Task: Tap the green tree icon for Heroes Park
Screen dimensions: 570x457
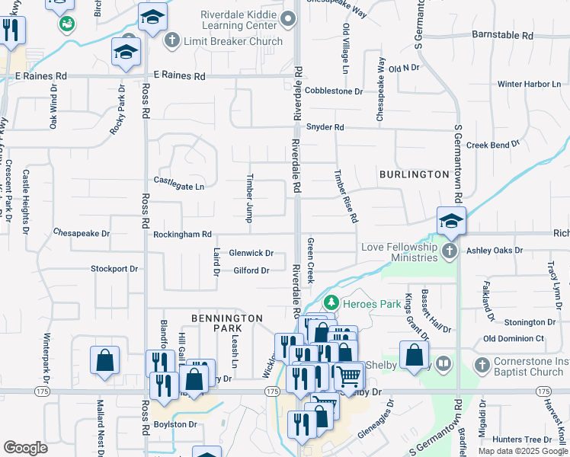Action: (x=331, y=303)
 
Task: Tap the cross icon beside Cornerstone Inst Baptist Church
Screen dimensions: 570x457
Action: (x=482, y=366)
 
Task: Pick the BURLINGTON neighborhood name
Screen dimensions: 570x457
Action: (x=415, y=174)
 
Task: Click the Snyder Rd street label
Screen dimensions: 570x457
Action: (x=325, y=127)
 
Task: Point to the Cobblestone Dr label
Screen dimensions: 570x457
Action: (x=334, y=91)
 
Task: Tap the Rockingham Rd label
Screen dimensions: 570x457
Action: (x=182, y=235)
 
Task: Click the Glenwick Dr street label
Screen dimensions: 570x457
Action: (x=251, y=253)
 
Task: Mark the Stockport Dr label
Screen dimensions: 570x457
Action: (x=114, y=269)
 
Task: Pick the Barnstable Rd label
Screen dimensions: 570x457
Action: (x=502, y=35)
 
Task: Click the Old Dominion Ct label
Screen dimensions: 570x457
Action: (x=514, y=338)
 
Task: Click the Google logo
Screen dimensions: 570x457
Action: (x=25, y=447)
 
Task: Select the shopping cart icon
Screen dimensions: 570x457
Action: (x=349, y=375)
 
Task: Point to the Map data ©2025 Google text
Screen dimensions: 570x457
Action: (x=523, y=451)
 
